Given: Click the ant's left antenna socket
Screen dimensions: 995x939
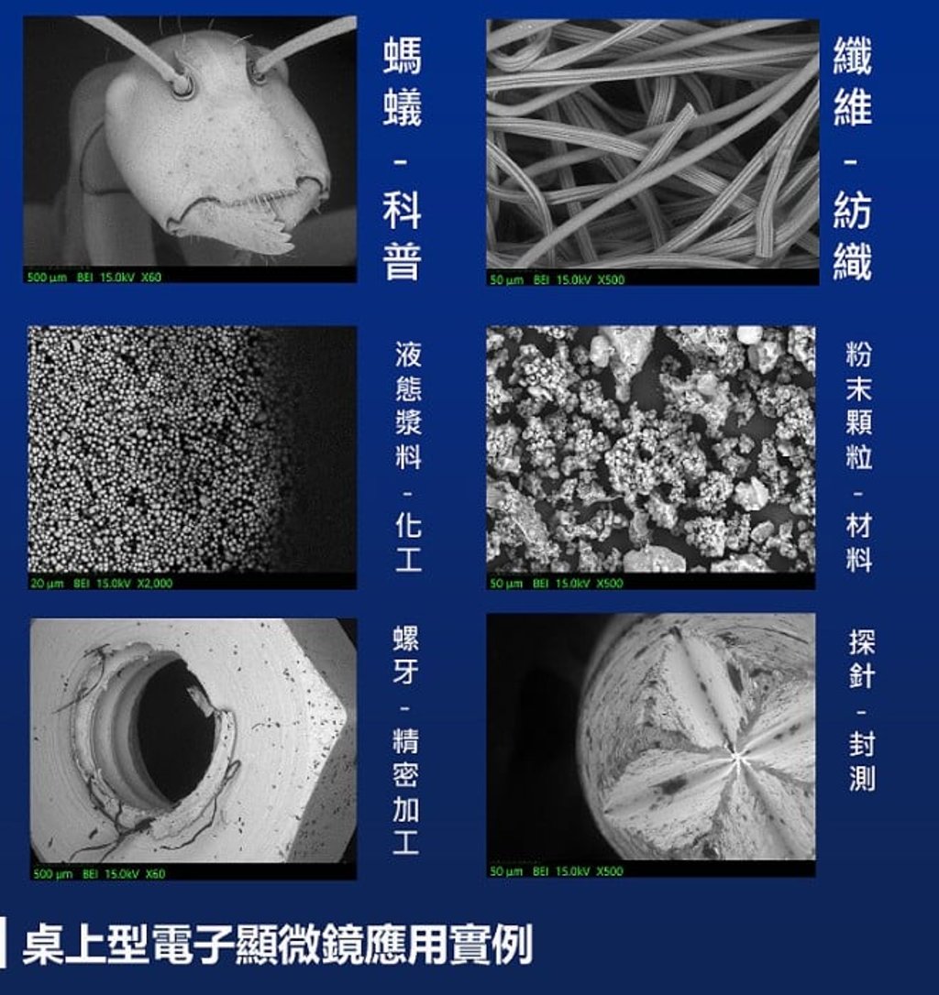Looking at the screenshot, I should click(x=182, y=84).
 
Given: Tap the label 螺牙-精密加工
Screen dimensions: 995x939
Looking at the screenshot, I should click(x=406, y=741).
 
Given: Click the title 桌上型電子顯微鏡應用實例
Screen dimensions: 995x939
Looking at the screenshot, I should click(x=276, y=944).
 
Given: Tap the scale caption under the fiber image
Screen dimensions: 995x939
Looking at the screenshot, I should click(x=557, y=279).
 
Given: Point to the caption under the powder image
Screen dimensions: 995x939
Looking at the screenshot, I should click(x=557, y=584).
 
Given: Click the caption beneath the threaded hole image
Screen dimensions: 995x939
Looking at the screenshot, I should click(x=100, y=873).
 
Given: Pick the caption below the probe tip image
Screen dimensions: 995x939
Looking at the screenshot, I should click(x=557, y=871).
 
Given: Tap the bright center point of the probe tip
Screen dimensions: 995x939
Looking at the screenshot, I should click(x=736, y=756).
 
